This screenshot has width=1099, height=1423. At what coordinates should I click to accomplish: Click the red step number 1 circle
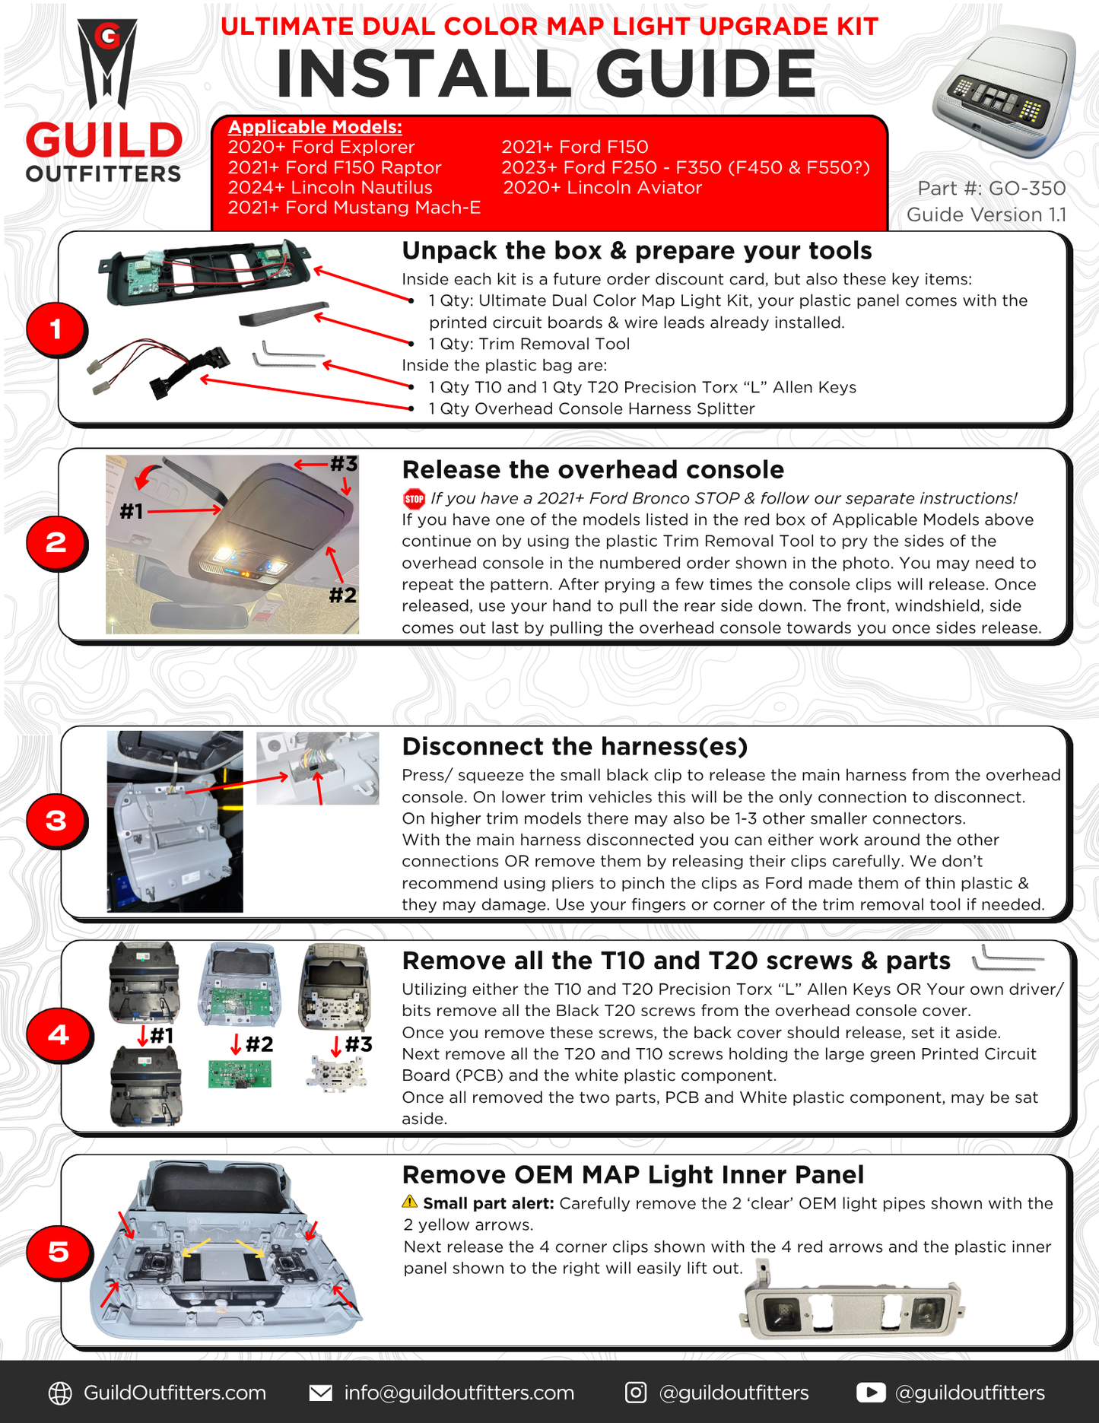tap(56, 329)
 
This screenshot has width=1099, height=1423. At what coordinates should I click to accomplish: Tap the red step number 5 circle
tap(58, 1251)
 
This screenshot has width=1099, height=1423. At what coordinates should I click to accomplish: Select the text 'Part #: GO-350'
tap(991, 188)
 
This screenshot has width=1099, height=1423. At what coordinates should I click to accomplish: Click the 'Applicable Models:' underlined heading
tap(315, 127)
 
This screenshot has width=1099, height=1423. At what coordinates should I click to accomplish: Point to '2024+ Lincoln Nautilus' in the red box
tap(330, 187)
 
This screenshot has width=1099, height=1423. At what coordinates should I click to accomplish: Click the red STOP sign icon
tap(414, 499)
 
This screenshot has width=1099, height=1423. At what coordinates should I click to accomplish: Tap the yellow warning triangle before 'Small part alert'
tap(410, 1202)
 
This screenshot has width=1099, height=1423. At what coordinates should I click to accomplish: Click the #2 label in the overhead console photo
tap(342, 595)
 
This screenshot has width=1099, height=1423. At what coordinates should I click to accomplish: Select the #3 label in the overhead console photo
tap(343, 463)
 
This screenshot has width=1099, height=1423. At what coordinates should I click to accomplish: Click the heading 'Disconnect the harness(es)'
tap(574, 746)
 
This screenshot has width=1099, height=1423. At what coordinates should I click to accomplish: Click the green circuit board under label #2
tap(240, 1074)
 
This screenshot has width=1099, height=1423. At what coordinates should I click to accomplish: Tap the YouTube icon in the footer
tap(871, 1392)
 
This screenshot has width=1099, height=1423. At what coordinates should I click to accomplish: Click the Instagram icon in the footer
tap(636, 1392)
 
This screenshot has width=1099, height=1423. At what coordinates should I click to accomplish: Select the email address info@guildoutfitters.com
tap(459, 1393)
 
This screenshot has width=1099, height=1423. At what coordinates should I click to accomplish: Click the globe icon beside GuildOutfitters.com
tap(60, 1393)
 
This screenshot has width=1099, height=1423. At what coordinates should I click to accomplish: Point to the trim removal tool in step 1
tap(283, 313)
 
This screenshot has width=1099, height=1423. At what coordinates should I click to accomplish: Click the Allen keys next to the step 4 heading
tap(1008, 959)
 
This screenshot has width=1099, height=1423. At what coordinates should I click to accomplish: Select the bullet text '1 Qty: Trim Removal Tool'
tap(529, 344)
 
